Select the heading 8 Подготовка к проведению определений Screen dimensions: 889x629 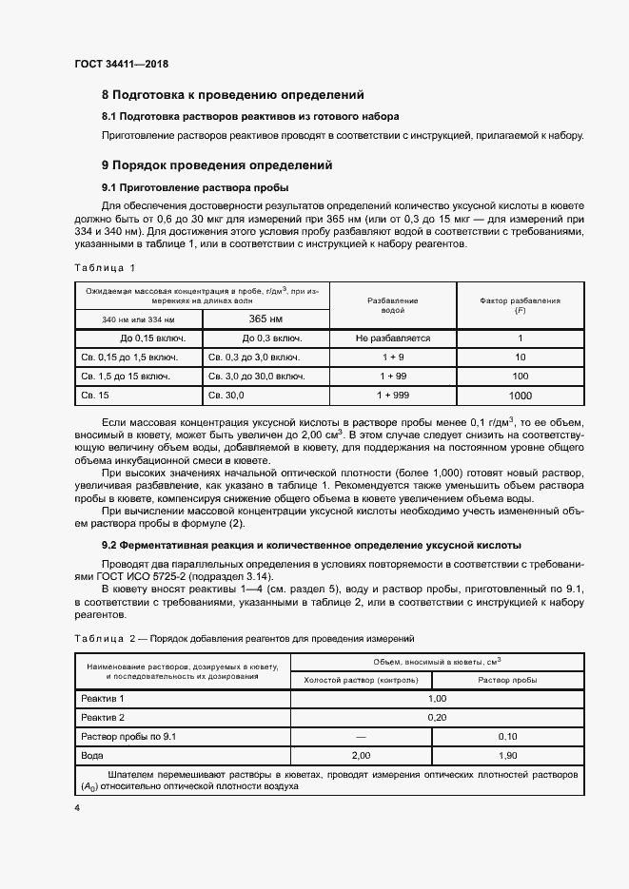pos(232,95)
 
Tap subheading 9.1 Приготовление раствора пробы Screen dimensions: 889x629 pos(195,186)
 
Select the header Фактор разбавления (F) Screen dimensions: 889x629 pos(520,305)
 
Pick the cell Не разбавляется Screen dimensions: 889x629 pos(393,338)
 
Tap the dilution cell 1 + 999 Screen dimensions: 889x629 pos(393,396)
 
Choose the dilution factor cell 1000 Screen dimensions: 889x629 pos(520,396)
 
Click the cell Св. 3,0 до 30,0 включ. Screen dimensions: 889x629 pos(257,377)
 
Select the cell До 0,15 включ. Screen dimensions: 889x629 pos(139,338)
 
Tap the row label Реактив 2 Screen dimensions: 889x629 pos(104,717)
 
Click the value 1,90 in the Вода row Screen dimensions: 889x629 pos(506,755)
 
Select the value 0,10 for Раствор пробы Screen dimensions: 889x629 pos(506,736)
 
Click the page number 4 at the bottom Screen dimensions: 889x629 pos(77,808)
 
